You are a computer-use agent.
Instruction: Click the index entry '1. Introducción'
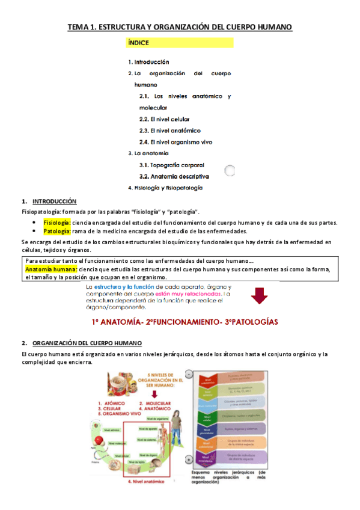pyautogui.click(x=148, y=62)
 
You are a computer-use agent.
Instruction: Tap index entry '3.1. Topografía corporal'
pyautogui.click(x=171, y=165)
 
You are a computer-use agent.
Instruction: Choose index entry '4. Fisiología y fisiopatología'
pyautogui.click(x=165, y=188)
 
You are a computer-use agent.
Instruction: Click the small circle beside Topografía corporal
pyautogui.click(x=229, y=171)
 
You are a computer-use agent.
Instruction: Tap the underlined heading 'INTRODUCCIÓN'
pyautogui.click(x=54, y=201)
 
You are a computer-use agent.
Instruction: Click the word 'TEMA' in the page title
pyautogui.click(x=77, y=27)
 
